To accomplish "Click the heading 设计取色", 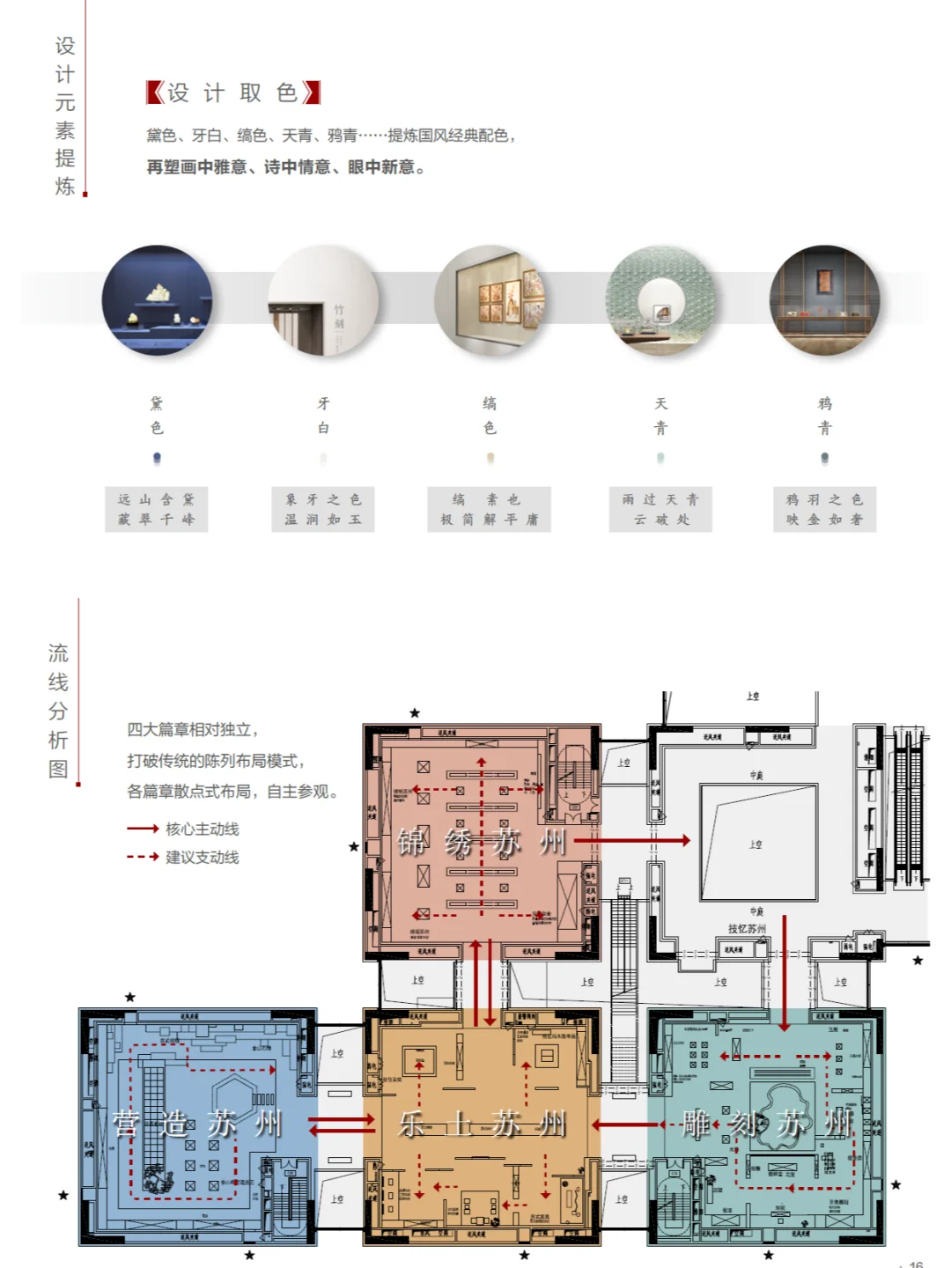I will pos(233,92).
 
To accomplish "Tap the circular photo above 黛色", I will pos(158,300).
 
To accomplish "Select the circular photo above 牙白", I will pos(323,300).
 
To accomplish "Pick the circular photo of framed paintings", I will pos(490,300).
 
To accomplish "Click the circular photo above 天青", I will pos(660,300).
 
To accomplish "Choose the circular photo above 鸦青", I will pos(825,300).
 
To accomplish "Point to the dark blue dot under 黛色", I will pos(157,458).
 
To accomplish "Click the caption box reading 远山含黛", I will pos(157,509).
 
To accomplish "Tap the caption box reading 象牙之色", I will pos(323,509).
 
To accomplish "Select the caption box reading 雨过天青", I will pos(660,509).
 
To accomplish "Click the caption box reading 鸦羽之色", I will pos(825,509).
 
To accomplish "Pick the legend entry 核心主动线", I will pos(183,829).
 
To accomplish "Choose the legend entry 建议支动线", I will pos(183,857).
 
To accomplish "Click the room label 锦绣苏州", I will pos(481,843).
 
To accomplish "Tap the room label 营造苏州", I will pos(197,1124).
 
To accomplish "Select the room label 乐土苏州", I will pos(482,1124).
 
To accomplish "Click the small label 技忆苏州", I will pos(747,929).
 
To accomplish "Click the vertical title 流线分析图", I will pos(58,711).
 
